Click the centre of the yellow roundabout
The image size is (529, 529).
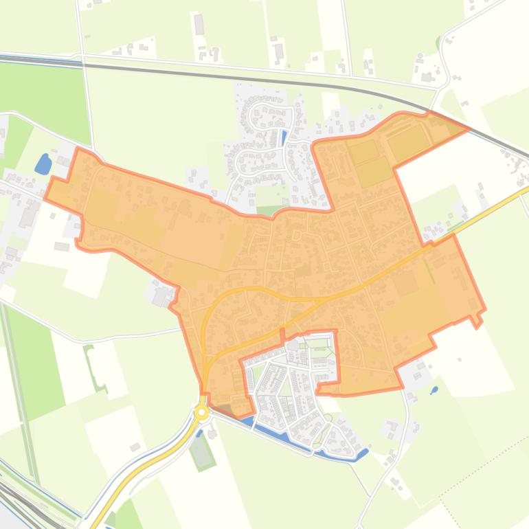tap(201, 412)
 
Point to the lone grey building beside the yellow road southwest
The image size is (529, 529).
tap(135, 447)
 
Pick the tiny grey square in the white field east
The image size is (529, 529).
tap(459, 359)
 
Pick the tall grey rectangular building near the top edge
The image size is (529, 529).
tap(199, 25)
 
